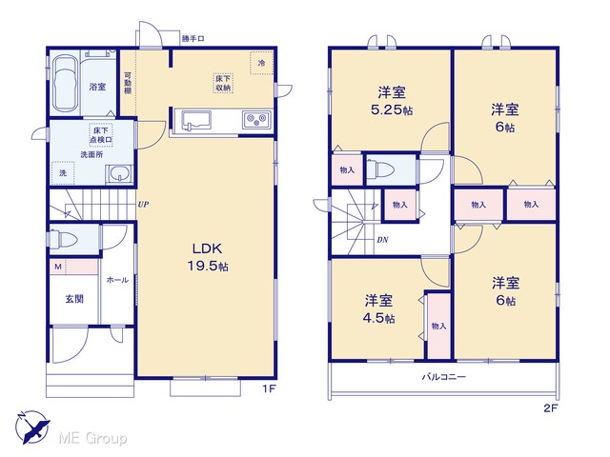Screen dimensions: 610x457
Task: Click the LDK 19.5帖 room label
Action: click(x=208, y=257)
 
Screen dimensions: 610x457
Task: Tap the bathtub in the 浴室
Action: click(x=65, y=84)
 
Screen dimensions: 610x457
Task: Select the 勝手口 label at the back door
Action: click(x=193, y=39)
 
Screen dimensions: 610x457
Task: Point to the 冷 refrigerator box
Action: click(x=261, y=63)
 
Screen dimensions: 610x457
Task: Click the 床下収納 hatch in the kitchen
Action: click(x=223, y=83)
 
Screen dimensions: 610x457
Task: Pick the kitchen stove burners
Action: click(x=256, y=119)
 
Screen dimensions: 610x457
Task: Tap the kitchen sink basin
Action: click(x=196, y=120)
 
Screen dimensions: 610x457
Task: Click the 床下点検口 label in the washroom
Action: click(x=101, y=135)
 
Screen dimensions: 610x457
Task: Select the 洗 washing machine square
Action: click(x=63, y=173)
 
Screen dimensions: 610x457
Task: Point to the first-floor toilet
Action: click(x=63, y=238)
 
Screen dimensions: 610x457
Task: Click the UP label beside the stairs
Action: click(x=143, y=204)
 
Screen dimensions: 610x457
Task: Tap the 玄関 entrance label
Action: click(x=74, y=299)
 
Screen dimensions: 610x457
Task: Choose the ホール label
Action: click(x=117, y=280)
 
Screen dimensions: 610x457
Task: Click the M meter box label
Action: click(x=58, y=267)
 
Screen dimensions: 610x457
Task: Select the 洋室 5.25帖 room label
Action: click(x=392, y=101)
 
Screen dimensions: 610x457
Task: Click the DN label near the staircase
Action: click(x=382, y=240)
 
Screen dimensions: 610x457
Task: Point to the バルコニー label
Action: click(x=444, y=377)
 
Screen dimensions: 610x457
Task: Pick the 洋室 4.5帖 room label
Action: click(x=378, y=309)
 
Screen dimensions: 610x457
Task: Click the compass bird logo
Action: click(x=32, y=427)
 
